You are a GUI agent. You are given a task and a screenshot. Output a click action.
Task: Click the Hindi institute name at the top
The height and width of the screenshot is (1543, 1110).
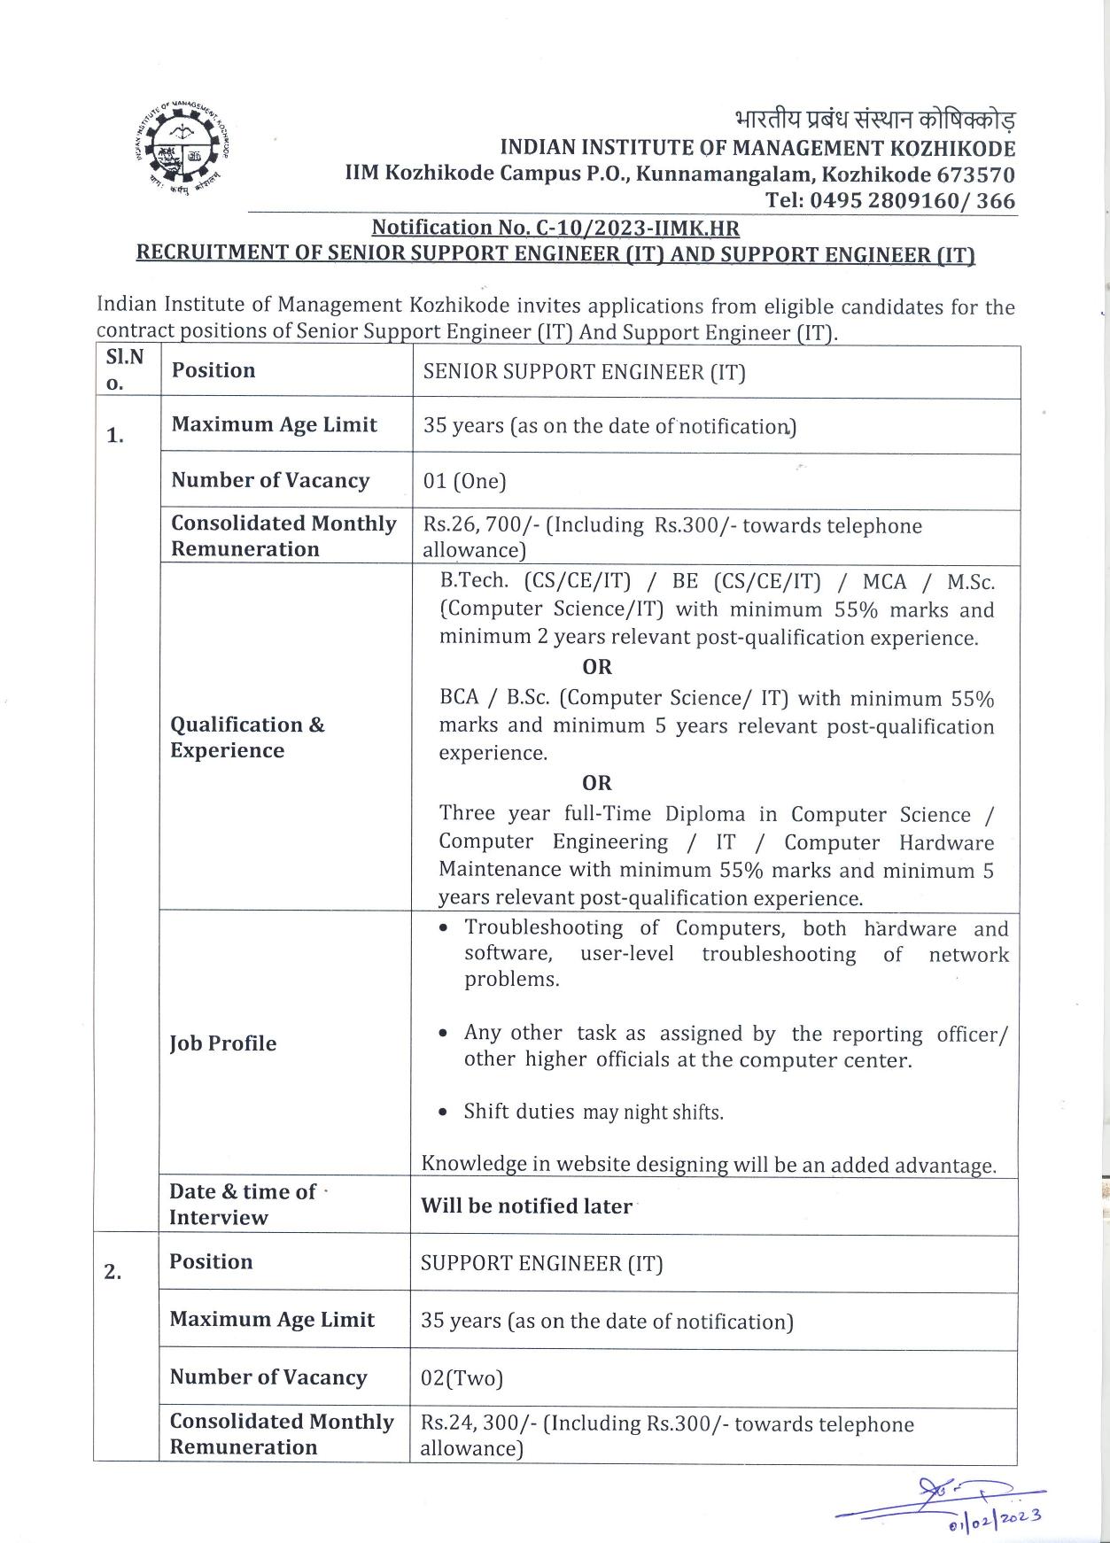point(875,120)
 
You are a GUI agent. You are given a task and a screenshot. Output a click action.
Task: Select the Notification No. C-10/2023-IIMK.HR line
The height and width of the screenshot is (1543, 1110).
point(555,229)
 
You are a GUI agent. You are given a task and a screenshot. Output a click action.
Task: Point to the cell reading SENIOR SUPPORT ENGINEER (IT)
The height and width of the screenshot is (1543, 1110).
point(584,372)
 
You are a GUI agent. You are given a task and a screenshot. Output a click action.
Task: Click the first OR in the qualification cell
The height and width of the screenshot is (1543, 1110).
point(597,667)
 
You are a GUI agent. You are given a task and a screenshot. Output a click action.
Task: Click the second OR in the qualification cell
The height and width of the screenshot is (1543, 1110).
point(597,783)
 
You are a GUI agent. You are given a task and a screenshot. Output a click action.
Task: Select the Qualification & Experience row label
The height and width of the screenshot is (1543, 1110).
point(247,737)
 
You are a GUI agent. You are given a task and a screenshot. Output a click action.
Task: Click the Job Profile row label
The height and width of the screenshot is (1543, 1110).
point(222,1043)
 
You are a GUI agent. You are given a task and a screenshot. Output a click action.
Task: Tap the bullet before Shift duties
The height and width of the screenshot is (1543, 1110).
point(443,1113)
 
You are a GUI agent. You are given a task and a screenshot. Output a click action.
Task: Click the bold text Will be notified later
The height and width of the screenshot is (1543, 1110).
point(526,1206)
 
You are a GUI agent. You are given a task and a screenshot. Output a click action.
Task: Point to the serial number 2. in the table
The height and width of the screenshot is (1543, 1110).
point(113,1272)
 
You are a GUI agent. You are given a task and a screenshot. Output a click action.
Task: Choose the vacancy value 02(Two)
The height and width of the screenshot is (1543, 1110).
point(462,1378)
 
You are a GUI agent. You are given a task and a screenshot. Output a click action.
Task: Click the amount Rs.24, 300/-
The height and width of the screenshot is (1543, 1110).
point(478,1423)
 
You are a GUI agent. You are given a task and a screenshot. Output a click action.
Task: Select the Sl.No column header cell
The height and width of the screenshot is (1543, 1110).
point(126,370)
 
